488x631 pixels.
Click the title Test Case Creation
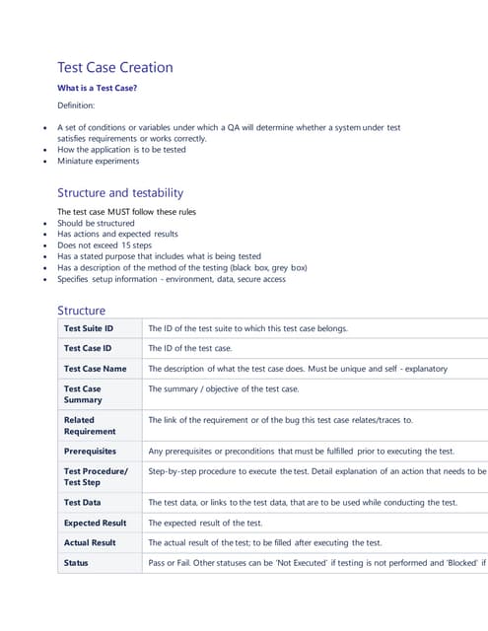[x=115, y=67]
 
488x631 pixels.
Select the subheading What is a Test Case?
[x=98, y=88]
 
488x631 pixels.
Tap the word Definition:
[x=76, y=105]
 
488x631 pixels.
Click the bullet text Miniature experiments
[x=99, y=161]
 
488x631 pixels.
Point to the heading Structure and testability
[x=120, y=192]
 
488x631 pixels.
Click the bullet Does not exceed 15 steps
[x=105, y=245]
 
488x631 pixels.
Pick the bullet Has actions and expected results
[x=117, y=234]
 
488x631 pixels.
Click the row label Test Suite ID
[x=89, y=328]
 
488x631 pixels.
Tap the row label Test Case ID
[x=88, y=348]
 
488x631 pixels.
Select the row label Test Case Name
[x=96, y=368]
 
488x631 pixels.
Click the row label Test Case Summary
[x=84, y=394]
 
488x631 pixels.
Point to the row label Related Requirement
[x=90, y=425]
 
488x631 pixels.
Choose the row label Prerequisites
[x=90, y=451]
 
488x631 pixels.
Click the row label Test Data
[x=81, y=502]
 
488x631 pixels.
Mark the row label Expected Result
[x=95, y=523]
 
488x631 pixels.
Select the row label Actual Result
[x=90, y=542]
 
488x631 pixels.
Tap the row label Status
[x=76, y=562]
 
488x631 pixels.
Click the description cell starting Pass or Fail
[x=315, y=562]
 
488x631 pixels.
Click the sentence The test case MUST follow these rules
[x=126, y=212]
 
